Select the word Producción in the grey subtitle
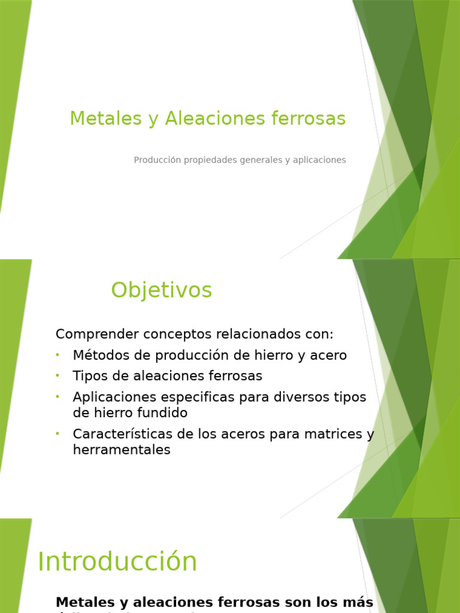pyautogui.click(x=157, y=160)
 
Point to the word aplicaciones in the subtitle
pyautogui.click(x=319, y=160)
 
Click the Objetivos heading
pyautogui.click(x=161, y=290)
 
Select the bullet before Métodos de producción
pyautogui.click(x=57, y=355)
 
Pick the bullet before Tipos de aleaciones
pyautogui.click(x=57, y=375)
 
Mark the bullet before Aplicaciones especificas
pyautogui.click(x=57, y=396)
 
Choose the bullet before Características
pyautogui.click(x=57, y=433)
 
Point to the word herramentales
pyautogui.click(x=122, y=450)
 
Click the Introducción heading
pyautogui.click(x=117, y=562)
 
